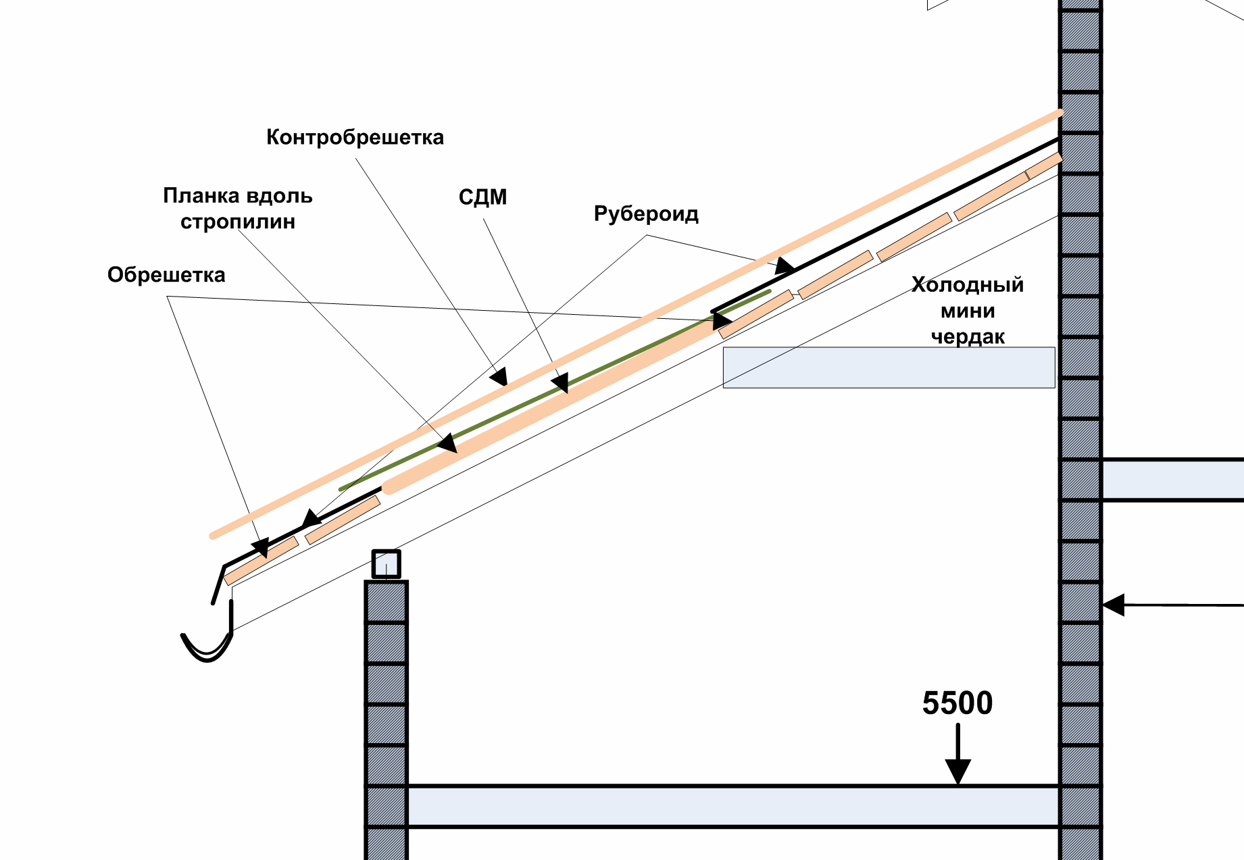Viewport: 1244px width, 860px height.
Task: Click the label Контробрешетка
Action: (x=355, y=137)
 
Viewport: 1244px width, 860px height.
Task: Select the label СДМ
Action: (x=482, y=198)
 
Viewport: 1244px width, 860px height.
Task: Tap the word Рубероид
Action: (x=646, y=214)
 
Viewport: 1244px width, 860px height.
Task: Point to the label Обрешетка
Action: (x=166, y=275)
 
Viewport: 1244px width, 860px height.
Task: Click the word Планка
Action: (x=201, y=196)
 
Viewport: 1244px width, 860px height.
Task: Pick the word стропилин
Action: (x=238, y=222)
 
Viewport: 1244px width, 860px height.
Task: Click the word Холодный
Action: (x=968, y=284)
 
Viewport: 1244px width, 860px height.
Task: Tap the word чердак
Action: (x=968, y=336)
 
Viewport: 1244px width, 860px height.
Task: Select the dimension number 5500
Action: (x=957, y=703)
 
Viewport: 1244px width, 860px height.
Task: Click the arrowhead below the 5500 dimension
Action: (x=957, y=772)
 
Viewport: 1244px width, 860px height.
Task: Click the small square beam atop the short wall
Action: (x=386, y=564)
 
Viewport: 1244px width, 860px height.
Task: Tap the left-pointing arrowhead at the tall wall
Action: (x=1114, y=605)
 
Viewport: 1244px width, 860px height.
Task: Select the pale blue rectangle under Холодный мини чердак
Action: (x=889, y=368)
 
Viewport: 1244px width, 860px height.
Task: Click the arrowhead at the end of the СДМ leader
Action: (x=560, y=383)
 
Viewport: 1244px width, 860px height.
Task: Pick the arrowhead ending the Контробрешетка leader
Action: (x=499, y=376)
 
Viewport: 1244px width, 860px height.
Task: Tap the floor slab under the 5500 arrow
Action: (x=733, y=806)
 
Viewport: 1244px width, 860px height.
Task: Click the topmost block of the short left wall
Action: (x=386, y=602)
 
